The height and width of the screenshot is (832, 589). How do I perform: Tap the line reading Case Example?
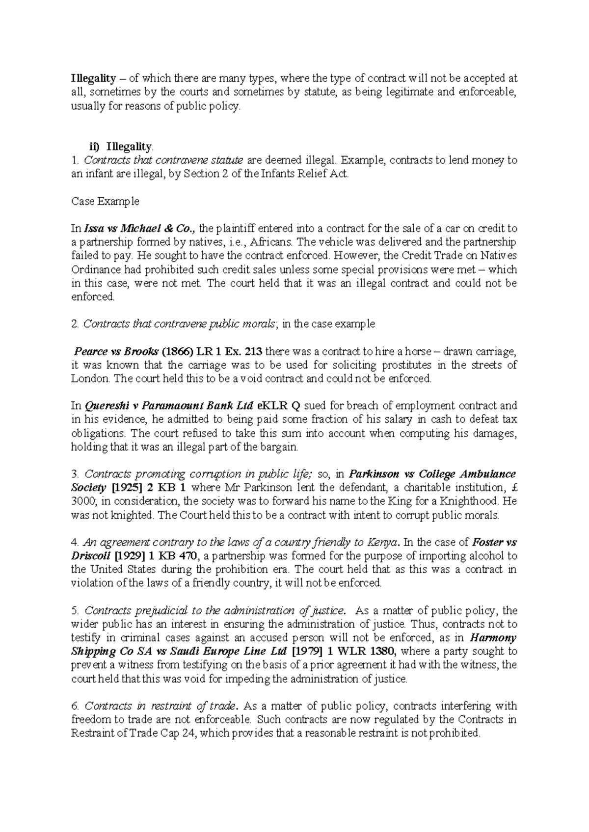click(x=105, y=201)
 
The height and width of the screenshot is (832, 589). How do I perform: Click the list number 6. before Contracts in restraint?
click(x=75, y=706)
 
